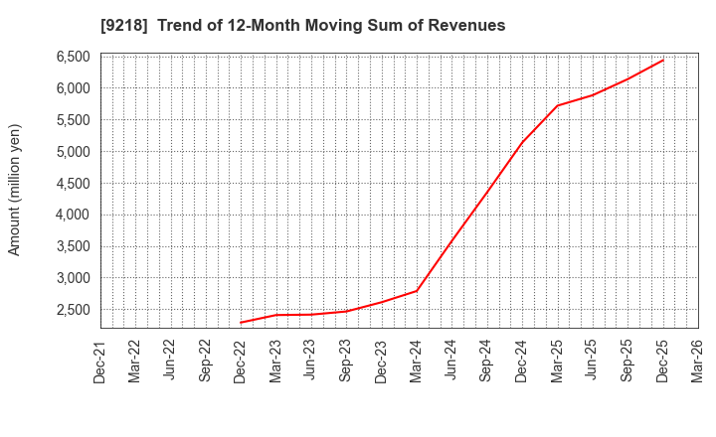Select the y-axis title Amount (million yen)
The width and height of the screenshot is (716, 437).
(x=14, y=190)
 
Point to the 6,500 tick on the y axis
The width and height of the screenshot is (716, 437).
(x=71, y=57)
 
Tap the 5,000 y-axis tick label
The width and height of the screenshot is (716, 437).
(x=71, y=152)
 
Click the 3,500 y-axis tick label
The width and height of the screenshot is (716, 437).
(x=71, y=246)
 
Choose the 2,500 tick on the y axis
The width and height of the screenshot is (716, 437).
(x=71, y=310)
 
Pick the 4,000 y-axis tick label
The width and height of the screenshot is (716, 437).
(x=71, y=215)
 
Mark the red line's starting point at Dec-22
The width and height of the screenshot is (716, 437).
(x=241, y=323)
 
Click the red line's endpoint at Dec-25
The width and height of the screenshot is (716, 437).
(x=663, y=60)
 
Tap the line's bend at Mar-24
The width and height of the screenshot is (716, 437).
(x=417, y=291)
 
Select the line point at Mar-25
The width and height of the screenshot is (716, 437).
(x=557, y=105)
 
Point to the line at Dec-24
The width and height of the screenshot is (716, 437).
(x=522, y=142)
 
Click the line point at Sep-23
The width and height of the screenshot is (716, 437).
(x=346, y=311)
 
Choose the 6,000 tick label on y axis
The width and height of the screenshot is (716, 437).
(x=71, y=88)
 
